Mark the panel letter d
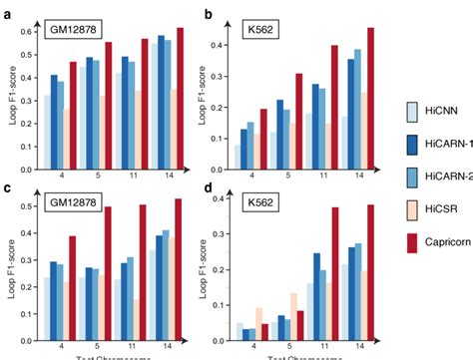click(x=208, y=187)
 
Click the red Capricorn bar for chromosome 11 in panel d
click(x=335, y=269)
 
